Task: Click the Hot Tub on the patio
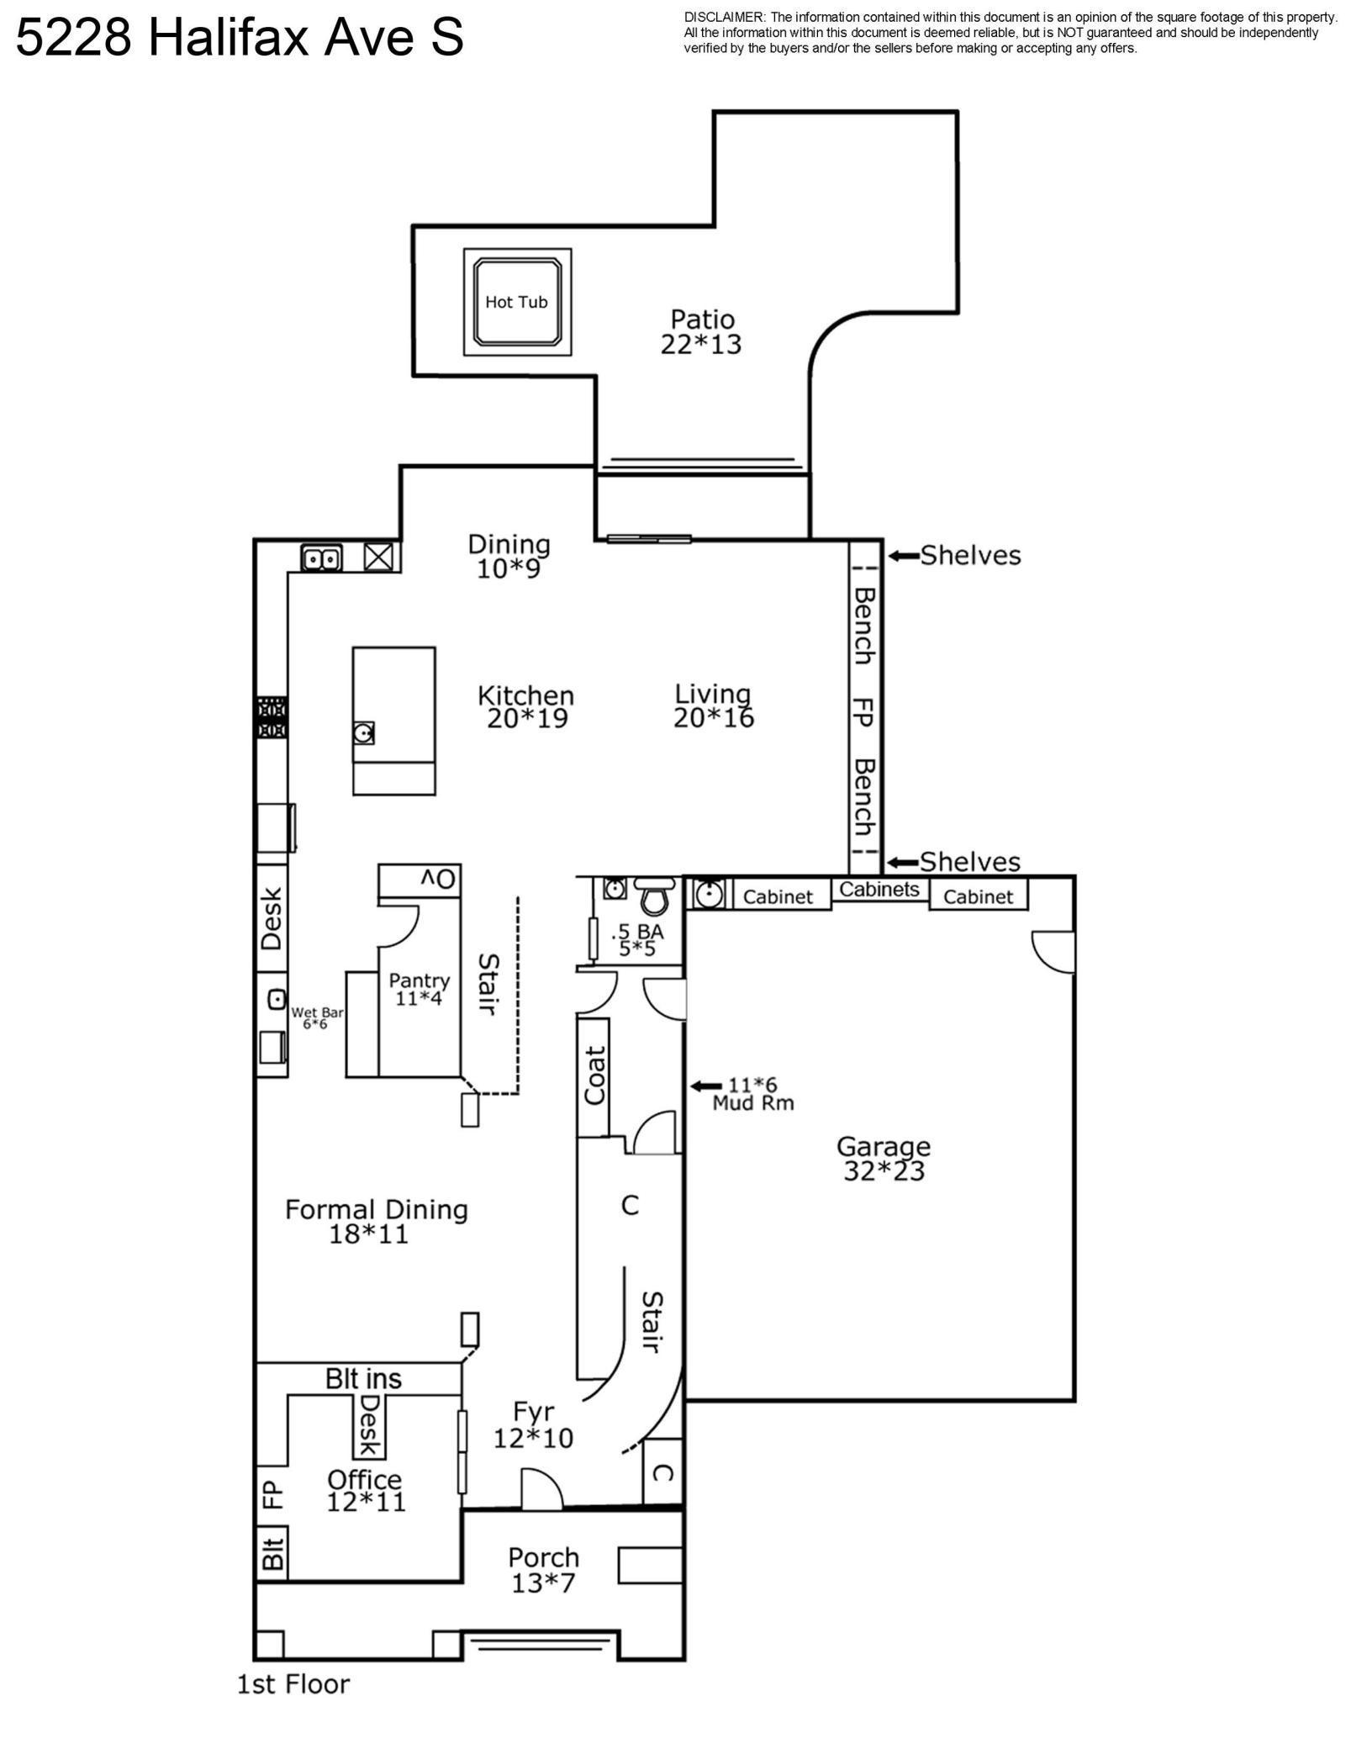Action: tap(517, 302)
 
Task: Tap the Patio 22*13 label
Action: tap(701, 331)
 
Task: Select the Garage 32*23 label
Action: tap(884, 1158)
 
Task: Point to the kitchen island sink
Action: tap(364, 733)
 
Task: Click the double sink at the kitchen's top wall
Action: tap(321, 557)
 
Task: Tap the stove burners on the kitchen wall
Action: tap(272, 717)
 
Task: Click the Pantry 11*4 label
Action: tap(420, 989)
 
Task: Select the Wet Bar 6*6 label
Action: tap(317, 1018)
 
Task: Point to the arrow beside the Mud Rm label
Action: tap(706, 1086)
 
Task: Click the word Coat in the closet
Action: tap(594, 1075)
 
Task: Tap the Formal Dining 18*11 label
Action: tap(376, 1221)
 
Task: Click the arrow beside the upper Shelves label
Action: tap(904, 555)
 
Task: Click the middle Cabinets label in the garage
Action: tap(879, 889)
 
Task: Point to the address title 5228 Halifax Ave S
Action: tap(240, 38)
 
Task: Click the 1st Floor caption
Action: tap(293, 1683)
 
